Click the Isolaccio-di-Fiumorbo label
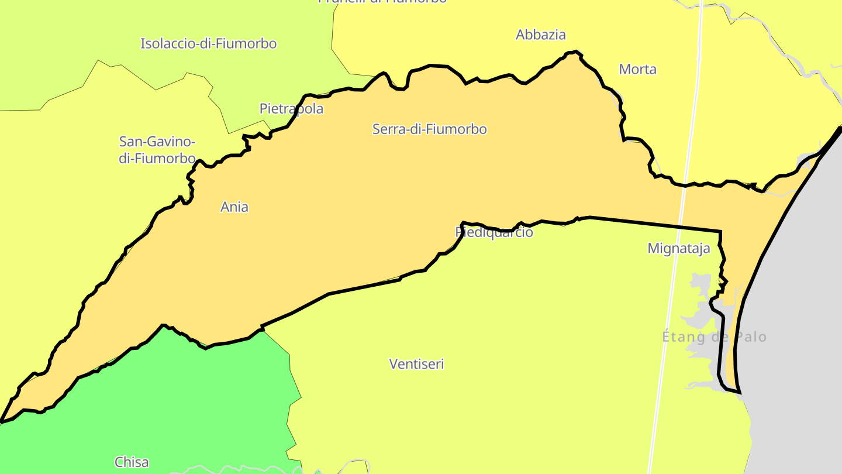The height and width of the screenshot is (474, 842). click(208, 44)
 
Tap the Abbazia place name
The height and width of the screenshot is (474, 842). click(540, 35)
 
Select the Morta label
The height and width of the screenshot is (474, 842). click(637, 70)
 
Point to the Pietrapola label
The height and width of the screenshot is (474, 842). click(291, 109)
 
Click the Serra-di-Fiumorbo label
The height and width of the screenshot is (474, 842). click(429, 129)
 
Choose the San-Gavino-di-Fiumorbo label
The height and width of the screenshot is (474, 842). click(157, 150)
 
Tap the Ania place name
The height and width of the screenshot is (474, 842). click(234, 207)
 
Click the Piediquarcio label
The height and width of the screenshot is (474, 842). click(494, 232)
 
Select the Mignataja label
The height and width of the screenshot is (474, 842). click(678, 249)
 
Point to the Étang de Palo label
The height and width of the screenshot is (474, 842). click(714, 337)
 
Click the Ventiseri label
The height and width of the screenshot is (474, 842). click(416, 364)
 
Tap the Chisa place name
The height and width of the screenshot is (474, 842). click(132, 462)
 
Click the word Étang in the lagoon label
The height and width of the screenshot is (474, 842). click(682, 337)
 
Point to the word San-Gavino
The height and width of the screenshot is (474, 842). click(157, 142)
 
